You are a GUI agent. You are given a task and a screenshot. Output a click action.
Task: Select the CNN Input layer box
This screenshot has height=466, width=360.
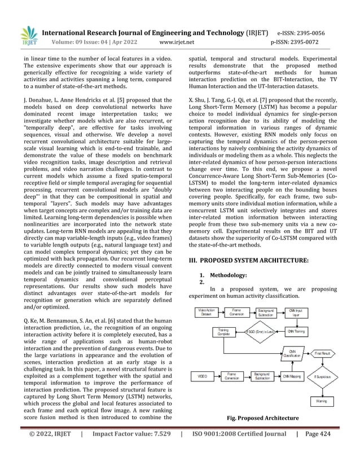tap(295, 313)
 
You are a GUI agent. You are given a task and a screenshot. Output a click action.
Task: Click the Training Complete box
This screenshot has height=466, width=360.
tap(223, 332)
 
